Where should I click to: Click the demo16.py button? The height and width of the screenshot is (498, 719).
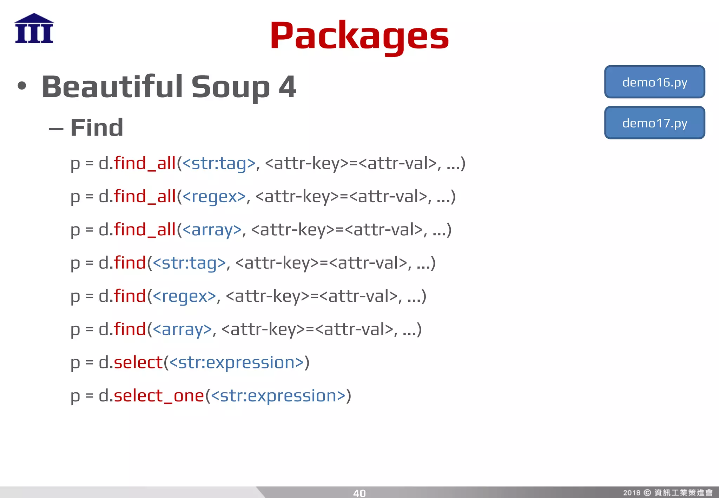654,82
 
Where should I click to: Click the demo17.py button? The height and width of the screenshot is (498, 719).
654,123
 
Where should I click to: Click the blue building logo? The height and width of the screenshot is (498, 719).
34,28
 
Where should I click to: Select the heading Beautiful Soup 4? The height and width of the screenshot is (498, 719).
169,87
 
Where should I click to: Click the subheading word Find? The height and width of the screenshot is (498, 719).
97,127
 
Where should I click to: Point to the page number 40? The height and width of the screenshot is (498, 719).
359,493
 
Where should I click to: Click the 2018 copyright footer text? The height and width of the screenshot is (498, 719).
667,492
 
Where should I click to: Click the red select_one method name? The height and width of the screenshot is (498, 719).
159,396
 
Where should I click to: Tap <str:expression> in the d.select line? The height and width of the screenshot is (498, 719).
236,362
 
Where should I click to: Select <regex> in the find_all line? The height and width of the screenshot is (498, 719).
214,196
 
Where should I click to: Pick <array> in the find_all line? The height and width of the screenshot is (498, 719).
212,230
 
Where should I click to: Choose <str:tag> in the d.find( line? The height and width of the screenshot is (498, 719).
189,263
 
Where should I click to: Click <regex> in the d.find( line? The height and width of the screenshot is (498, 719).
184,296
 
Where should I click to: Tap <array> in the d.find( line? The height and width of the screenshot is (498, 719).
183,329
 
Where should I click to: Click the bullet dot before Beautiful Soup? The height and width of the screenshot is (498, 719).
22,86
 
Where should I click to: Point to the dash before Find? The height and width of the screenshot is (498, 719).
56,129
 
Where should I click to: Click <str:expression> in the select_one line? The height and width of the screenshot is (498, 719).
278,396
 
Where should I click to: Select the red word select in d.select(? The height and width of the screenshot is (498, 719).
138,362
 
